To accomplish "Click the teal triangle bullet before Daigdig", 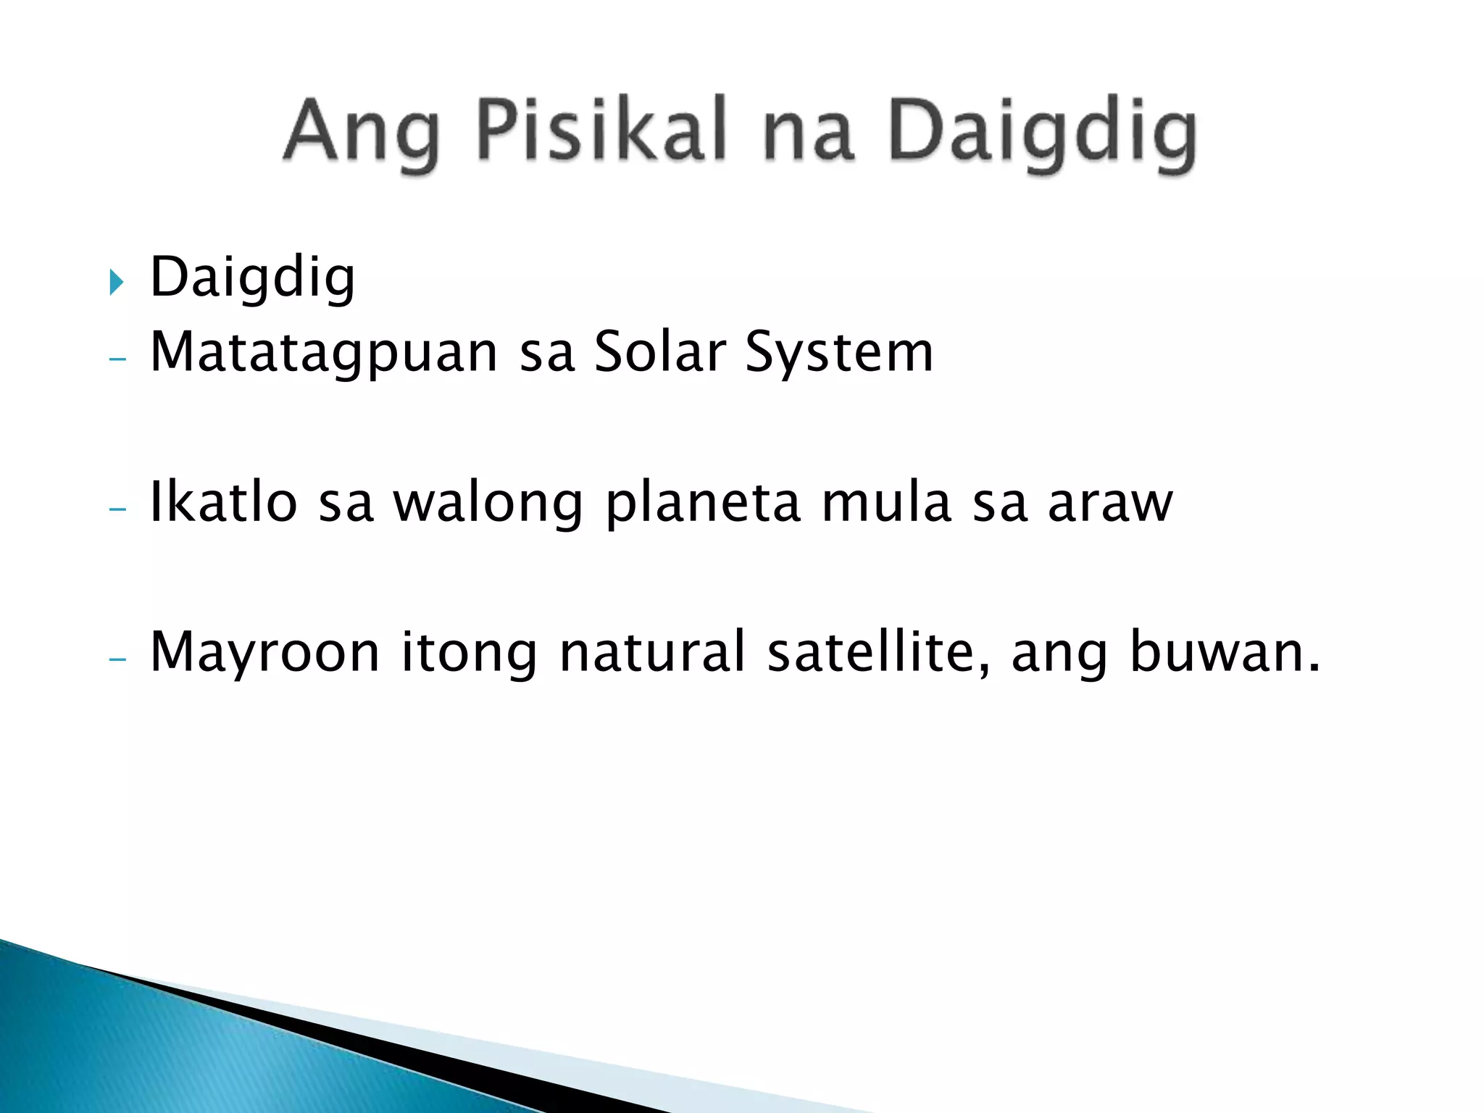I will pyautogui.click(x=116, y=281).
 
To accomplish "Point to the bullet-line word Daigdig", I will pyautogui.click(x=252, y=279).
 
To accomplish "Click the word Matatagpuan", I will pyautogui.click(x=324, y=353).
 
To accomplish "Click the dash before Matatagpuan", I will pyautogui.click(x=117, y=358).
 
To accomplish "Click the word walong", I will pyautogui.click(x=488, y=504).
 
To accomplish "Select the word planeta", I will pyautogui.click(x=703, y=504).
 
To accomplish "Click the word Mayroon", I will pyautogui.click(x=264, y=653).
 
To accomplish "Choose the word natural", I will pyautogui.click(x=652, y=651).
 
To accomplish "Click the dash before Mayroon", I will pyautogui.click(x=117, y=659).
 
